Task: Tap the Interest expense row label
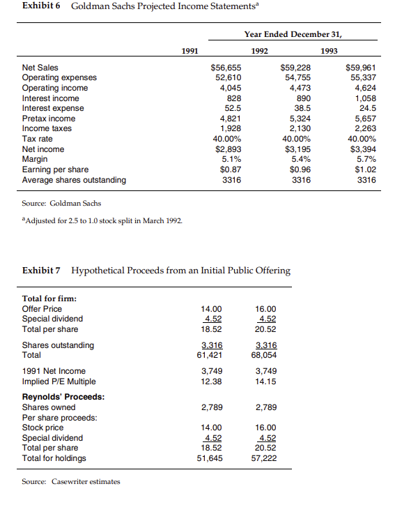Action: pyautogui.click(x=53, y=108)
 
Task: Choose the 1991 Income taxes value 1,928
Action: pyautogui.click(x=230, y=128)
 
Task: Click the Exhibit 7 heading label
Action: pyautogui.click(x=42, y=270)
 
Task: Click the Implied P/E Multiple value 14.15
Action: pyautogui.click(x=266, y=381)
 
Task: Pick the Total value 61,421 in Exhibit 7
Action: pyautogui.click(x=211, y=355)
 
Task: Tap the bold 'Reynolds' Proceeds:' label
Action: pyautogui.click(x=63, y=397)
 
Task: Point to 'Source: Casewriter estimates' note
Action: pyautogui.click(x=71, y=481)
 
